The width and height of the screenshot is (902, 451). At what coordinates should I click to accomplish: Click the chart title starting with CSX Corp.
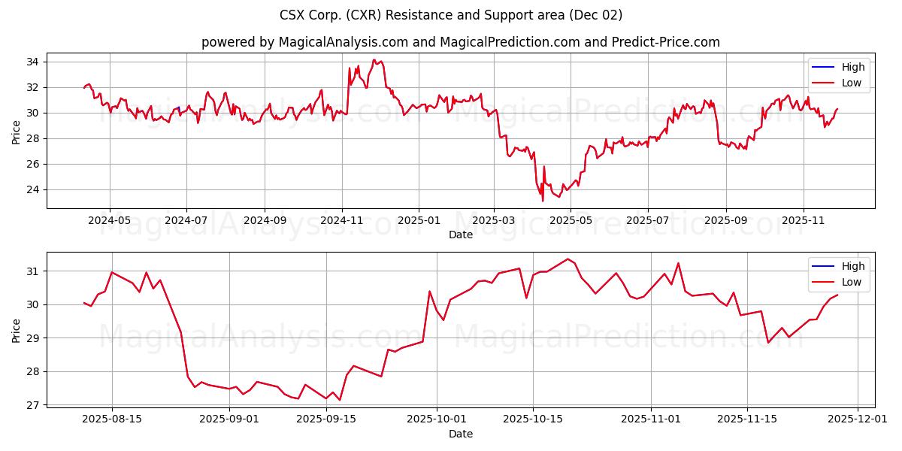click(451, 15)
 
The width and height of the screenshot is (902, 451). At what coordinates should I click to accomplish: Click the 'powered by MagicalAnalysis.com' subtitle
click(460, 42)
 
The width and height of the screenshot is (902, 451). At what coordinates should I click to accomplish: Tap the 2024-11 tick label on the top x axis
click(342, 221)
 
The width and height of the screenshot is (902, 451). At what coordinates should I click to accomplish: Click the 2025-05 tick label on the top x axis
click(570, 221)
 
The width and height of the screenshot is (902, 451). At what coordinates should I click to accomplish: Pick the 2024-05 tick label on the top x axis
click(110, 221)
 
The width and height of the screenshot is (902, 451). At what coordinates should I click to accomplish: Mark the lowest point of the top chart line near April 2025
click(543, 201)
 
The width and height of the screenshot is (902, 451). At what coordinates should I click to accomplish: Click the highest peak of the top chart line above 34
click(374, 60)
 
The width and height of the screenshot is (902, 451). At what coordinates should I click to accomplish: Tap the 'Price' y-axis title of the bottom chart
click(17, 329)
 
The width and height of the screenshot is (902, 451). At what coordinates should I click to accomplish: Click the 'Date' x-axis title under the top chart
click(460, 235)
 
